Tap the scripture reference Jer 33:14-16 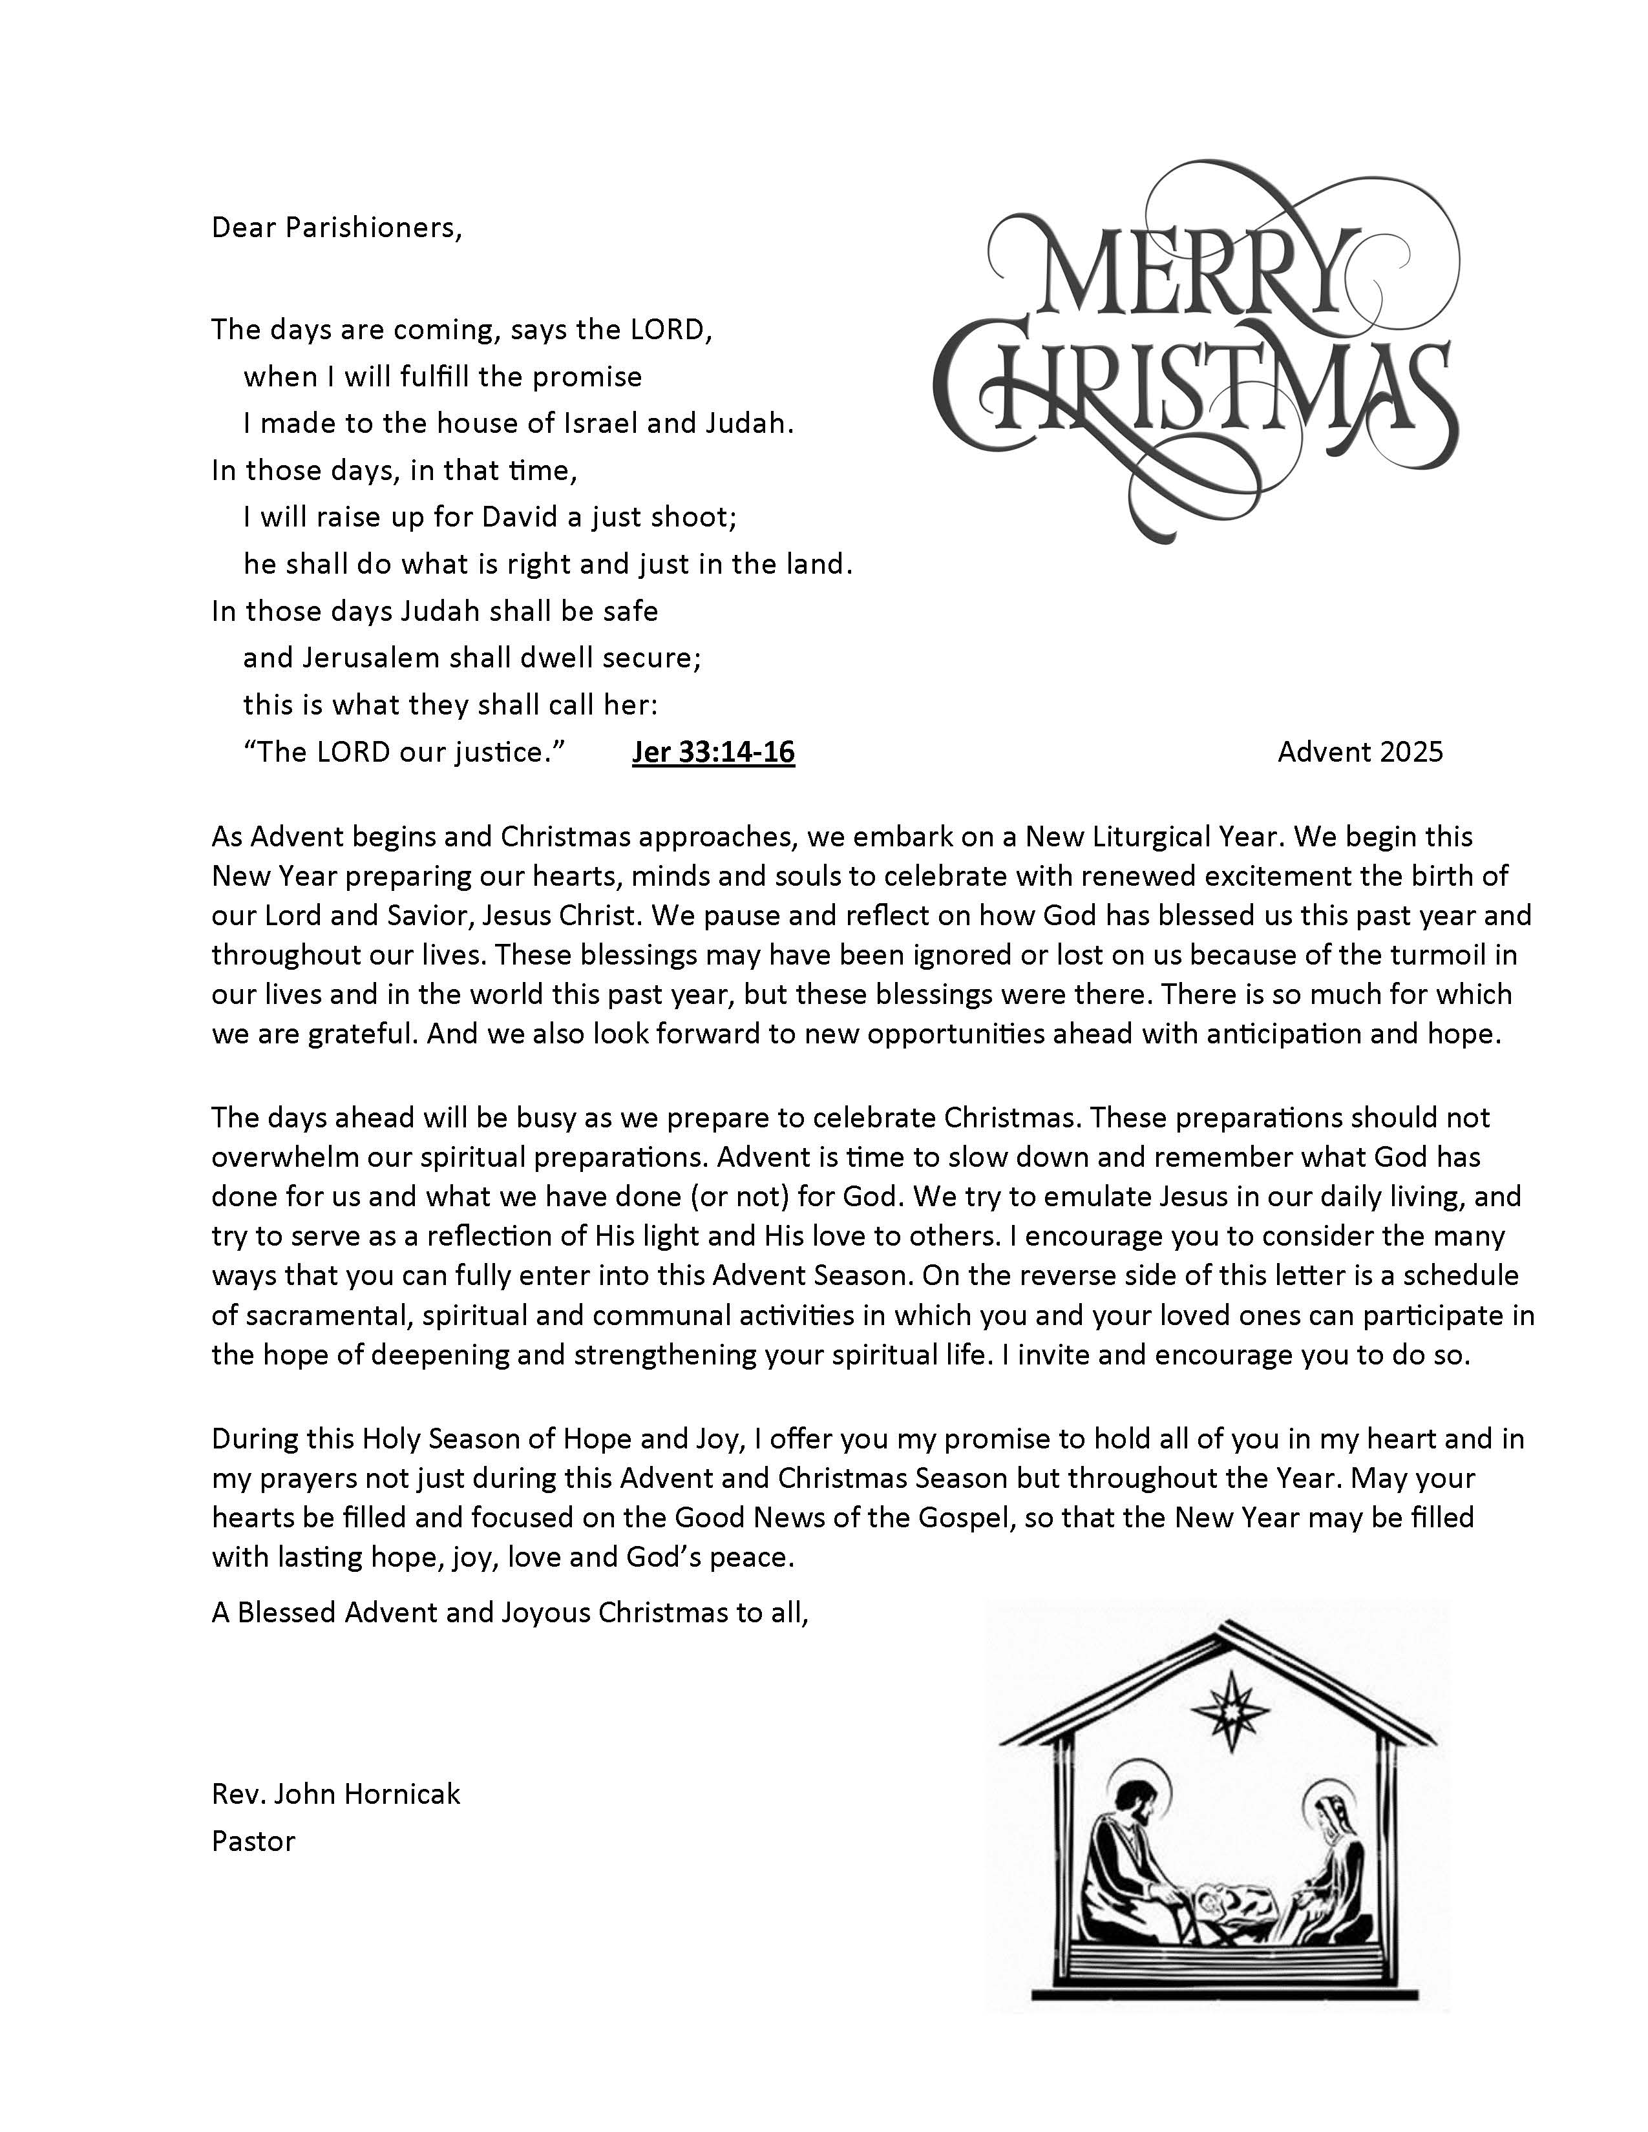[713, 751]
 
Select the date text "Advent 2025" [1359, 751]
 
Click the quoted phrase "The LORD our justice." [405, 751]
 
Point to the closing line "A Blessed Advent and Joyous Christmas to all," [510, 1612]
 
